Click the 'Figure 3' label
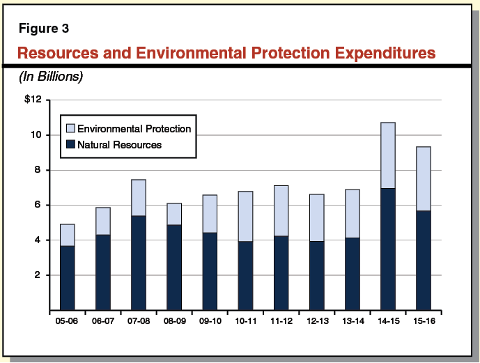pos(43,29)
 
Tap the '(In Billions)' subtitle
pos(51,77)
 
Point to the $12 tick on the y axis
pos(33,100)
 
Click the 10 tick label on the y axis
pos(38,134)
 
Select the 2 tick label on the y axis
pos(40,275)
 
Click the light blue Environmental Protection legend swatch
pos(70,129)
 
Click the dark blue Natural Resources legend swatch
pos(70,145)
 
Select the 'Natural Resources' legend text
pos(119,145)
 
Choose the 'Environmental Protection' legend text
pos(134,129)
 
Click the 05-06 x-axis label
pos(67,322)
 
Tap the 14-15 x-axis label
pos(387,322)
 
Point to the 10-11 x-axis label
pos(245,322)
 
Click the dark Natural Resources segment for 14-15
pos(388,249)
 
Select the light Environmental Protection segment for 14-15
pos(388,155)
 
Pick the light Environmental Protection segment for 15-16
pos(424,178)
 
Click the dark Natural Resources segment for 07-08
pos(139,263)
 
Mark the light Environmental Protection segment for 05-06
pos(67,235)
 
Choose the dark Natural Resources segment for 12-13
pos(316,275)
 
